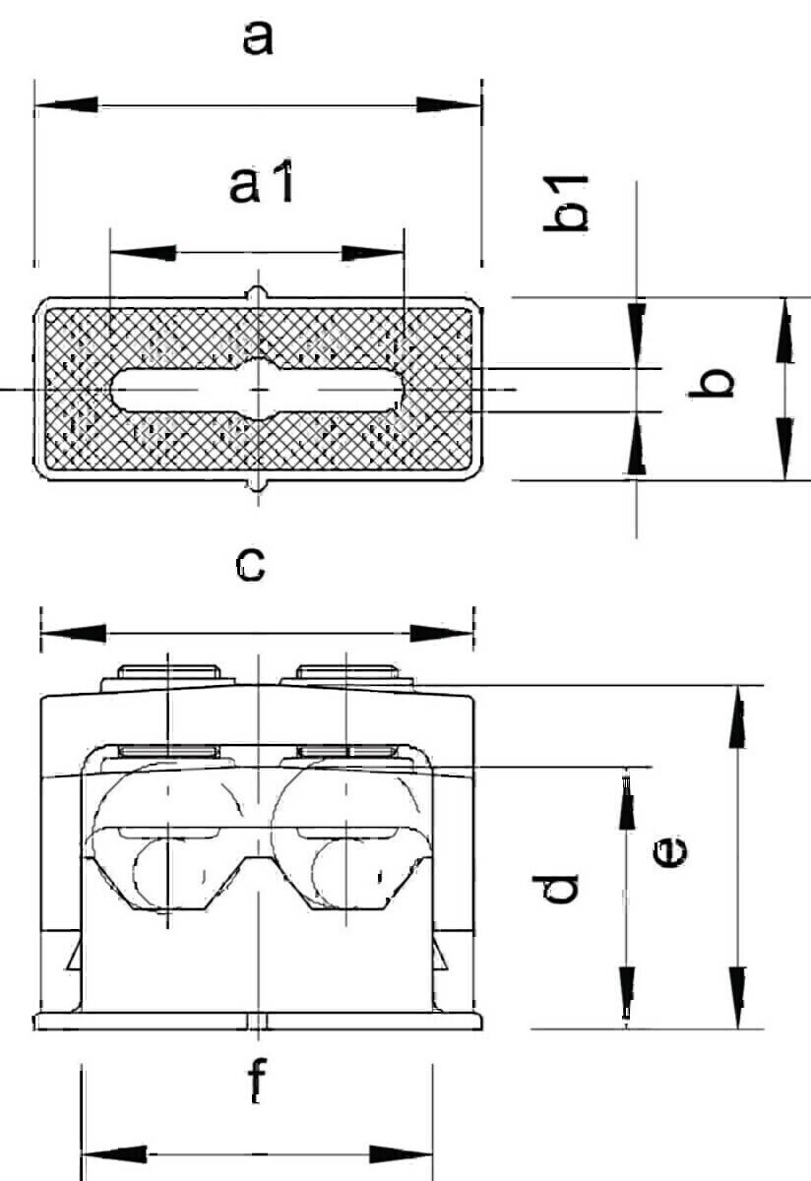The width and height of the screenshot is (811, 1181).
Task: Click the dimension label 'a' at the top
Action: [x=258, y=39]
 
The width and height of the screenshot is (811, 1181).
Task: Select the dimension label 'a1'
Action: [x=262, y=182]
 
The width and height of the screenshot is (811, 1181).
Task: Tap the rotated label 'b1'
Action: [x=566, y=204]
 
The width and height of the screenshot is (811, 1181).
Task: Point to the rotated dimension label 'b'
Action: [x=712, y=382]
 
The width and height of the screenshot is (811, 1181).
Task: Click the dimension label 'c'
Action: [x=250, y=565]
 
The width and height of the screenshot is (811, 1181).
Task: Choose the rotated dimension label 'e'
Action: [x=670, y=852]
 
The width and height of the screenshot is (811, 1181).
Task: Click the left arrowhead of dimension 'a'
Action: [x=67, y=104]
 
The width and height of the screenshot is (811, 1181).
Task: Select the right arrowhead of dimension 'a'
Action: [x=449, y=104]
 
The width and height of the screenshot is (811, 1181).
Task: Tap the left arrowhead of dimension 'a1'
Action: [x=143, y=253]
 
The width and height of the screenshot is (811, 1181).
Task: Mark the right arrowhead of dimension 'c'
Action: [x=442, y=633]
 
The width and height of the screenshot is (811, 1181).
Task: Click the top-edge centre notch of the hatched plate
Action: [x=258, y=293]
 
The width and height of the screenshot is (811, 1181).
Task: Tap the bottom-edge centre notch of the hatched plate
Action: [x=258, y=485]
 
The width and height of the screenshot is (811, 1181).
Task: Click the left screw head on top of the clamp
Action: [x=168, y=671]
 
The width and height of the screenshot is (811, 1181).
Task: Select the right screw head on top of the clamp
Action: [x=346, y=671]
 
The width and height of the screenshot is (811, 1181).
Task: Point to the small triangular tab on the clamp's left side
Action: [x=75, y=956]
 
